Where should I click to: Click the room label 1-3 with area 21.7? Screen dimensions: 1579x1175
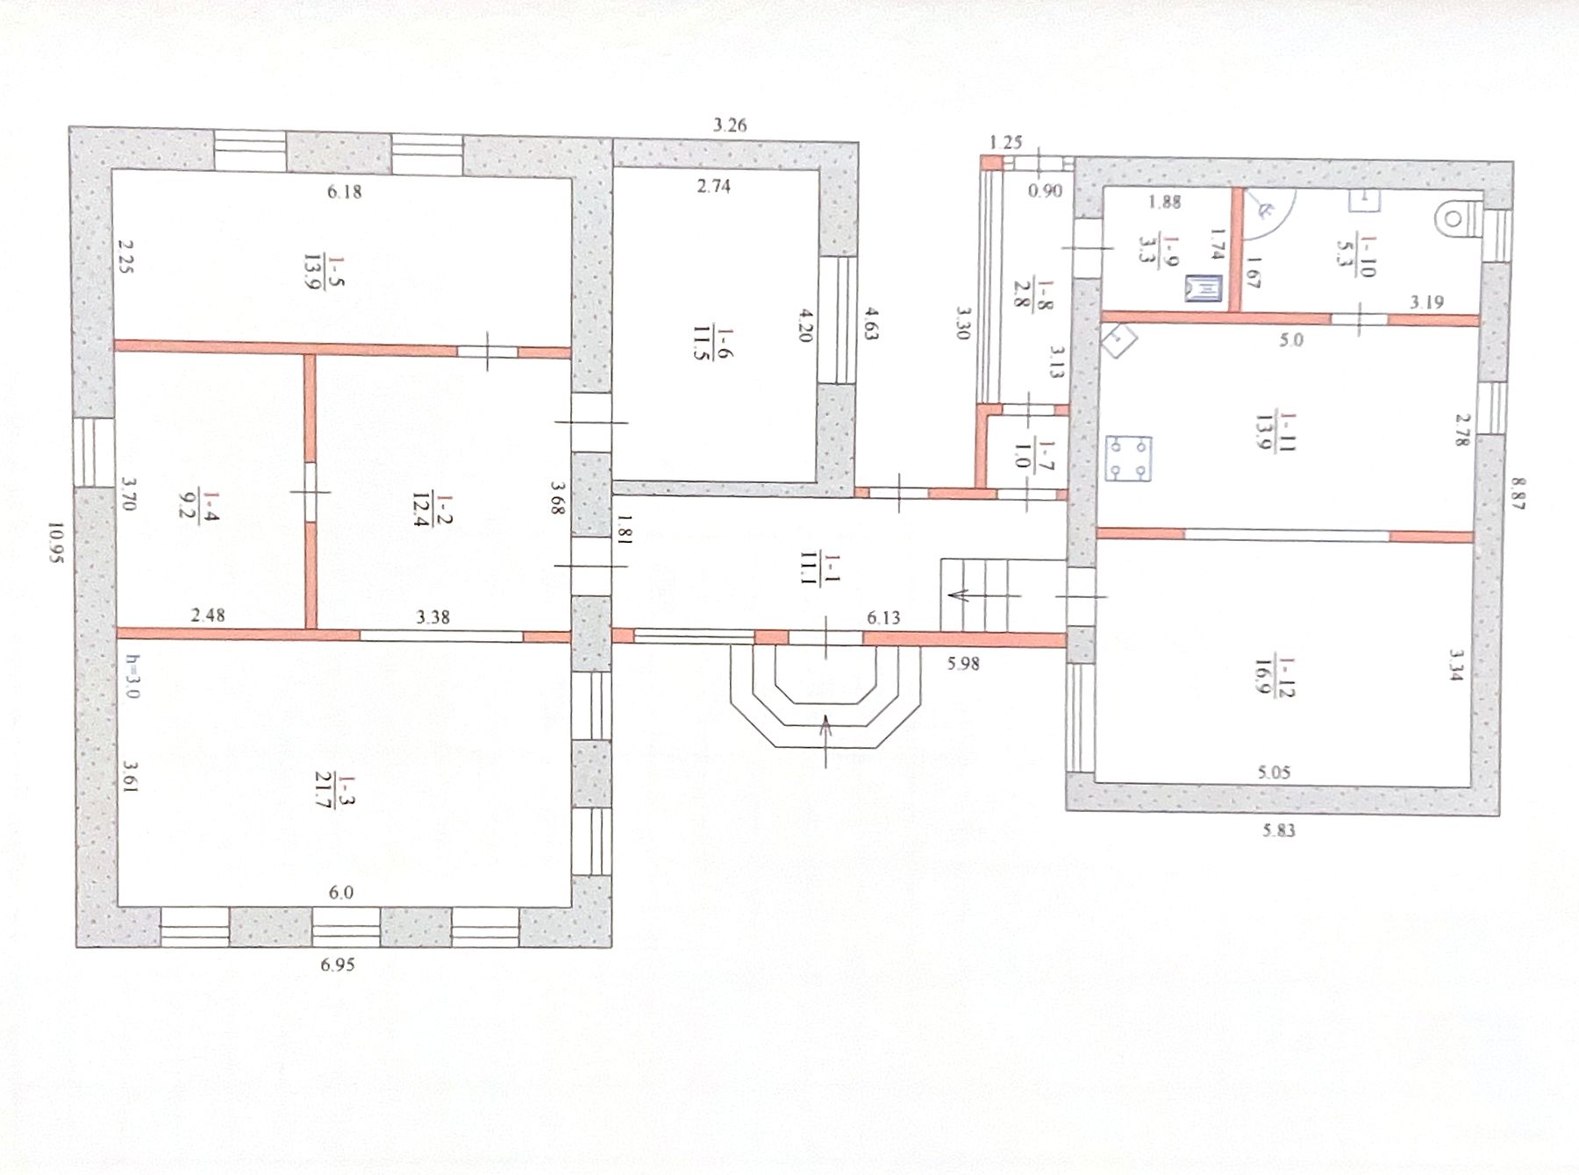coord(336,792)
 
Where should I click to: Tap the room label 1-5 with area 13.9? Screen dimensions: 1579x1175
coord(324,272)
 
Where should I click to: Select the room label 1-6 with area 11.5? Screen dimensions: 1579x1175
coord(713,343)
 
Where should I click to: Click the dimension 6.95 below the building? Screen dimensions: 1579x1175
coord(338,965)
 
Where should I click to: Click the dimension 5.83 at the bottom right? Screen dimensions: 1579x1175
coord(1279,830)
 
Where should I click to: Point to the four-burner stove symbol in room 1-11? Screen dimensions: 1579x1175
coord(1128,459)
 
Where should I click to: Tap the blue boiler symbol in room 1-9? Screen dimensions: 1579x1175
coord(1204,288)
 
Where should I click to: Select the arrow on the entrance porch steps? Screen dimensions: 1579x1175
coord(825,741)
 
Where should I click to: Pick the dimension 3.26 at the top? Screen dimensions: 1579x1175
coord(730,125)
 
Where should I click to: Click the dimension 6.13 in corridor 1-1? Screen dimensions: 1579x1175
coord(883,617)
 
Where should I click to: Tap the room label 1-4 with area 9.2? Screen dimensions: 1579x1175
coord(198,504)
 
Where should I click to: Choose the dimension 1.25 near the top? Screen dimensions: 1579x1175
coord(1006,142)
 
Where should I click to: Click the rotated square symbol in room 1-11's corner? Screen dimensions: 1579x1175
coord(1118,338)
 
